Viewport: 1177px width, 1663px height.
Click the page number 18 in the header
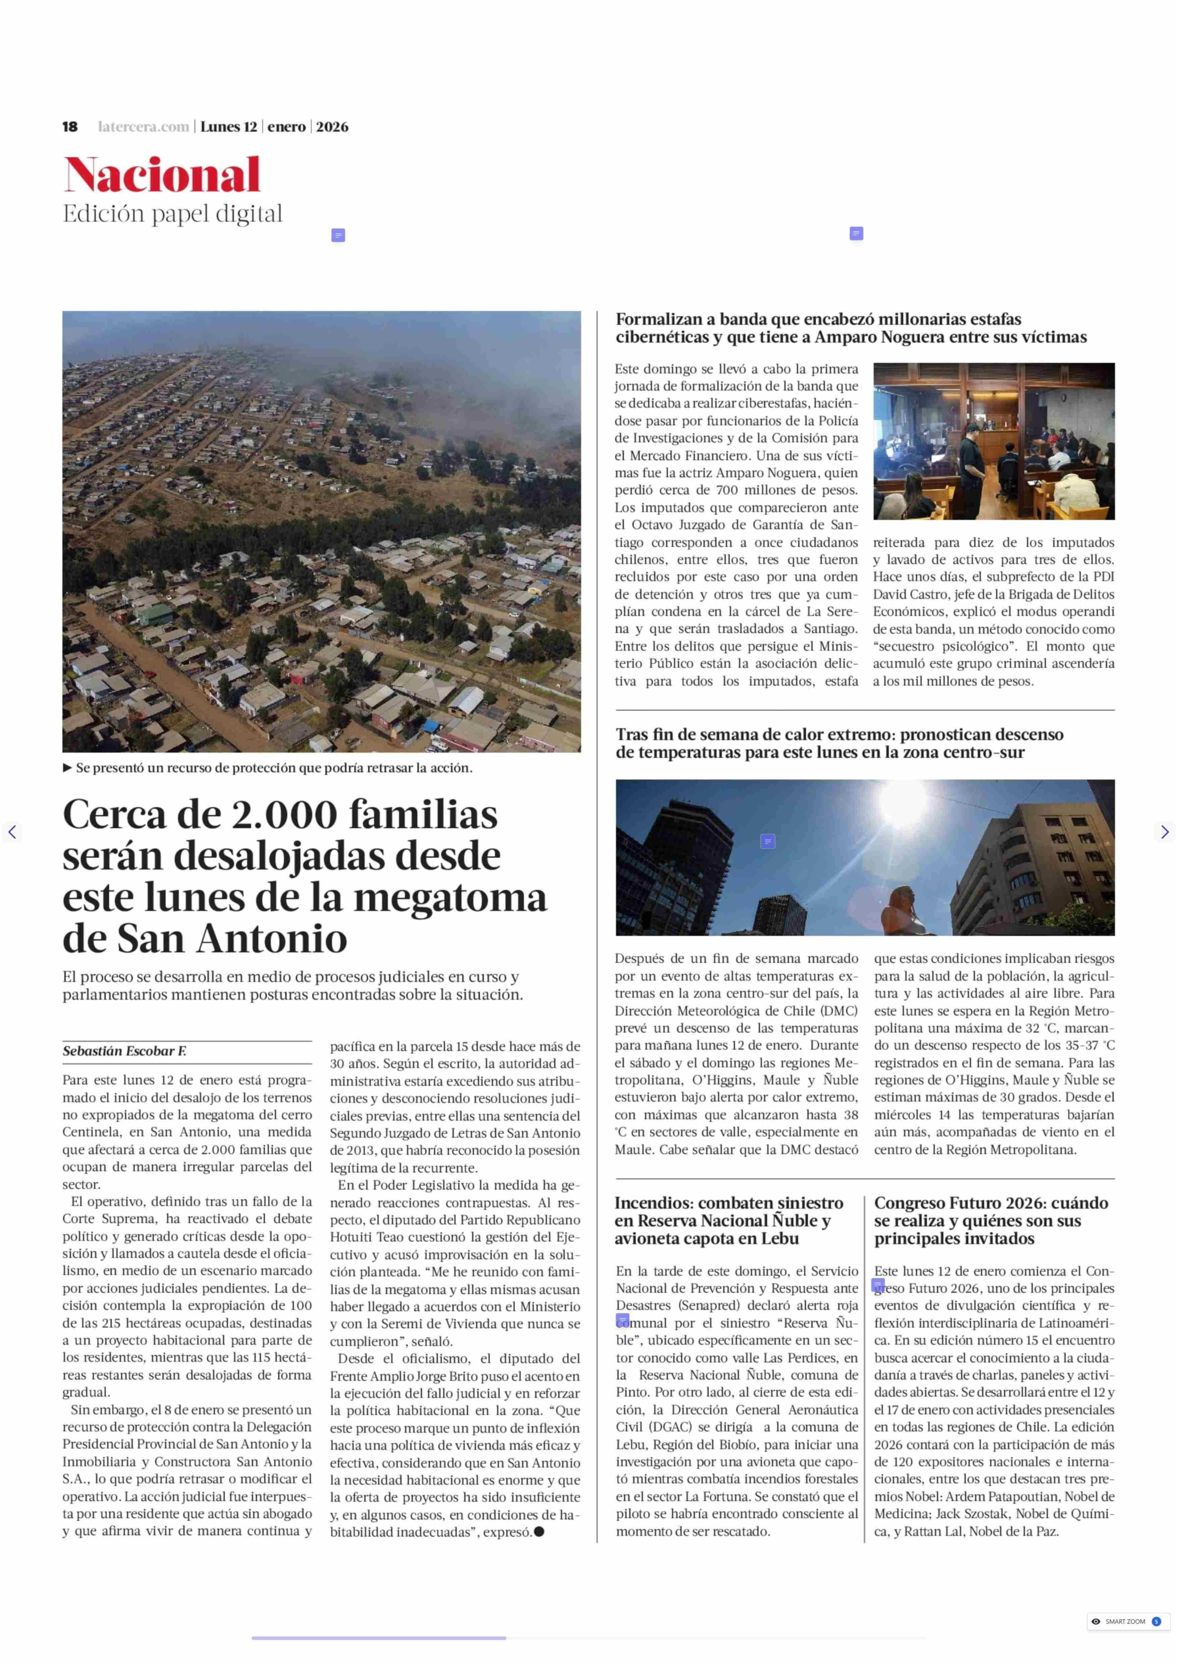point(69,127)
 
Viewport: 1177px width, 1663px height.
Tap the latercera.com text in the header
point(144,127)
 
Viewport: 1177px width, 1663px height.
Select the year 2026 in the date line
point(332,127)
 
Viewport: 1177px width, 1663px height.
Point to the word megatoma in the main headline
point(449,897)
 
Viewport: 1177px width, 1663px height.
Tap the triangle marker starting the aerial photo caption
point(67,767)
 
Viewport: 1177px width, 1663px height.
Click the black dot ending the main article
point(539,1531)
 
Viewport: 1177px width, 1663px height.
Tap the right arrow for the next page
point(1164,832)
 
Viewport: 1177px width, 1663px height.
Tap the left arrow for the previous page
point(12,832)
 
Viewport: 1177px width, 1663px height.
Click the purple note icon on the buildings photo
point(768,841)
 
